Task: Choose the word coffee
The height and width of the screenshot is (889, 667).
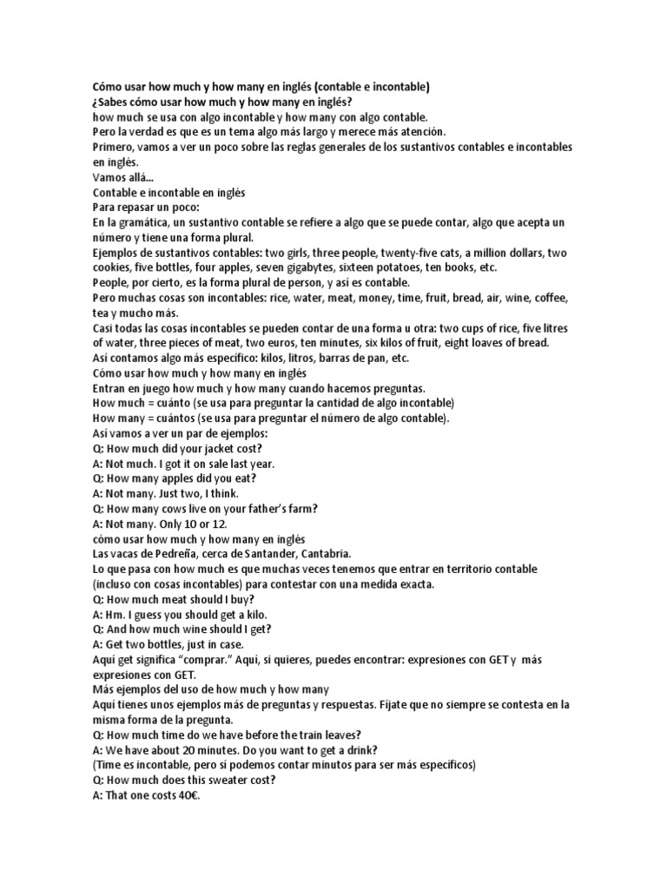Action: pyautogui.click(x=551, y=298)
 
